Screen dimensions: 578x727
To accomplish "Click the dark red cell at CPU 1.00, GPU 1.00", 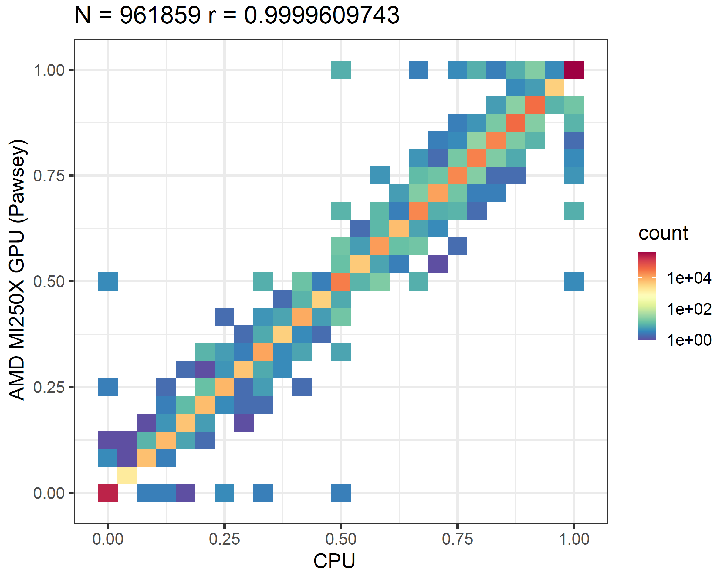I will coord(573,70).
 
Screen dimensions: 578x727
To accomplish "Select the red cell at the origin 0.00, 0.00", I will coord(108,493).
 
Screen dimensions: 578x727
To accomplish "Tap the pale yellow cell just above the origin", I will coord(127,475).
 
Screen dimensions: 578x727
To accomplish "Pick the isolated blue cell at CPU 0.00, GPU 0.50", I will coord(108,281).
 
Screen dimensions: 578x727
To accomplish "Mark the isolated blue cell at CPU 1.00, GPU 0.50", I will coord(573,281).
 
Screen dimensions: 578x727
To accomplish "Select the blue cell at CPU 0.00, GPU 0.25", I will coord(108,387).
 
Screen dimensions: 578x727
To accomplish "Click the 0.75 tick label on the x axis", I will coord(457,539).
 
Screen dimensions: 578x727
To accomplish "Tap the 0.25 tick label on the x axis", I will coord(224,539).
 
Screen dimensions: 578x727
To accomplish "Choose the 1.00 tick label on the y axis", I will coord(49,70).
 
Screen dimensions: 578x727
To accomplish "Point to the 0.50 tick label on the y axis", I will coord(49,281).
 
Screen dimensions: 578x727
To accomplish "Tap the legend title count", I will coord(663,233).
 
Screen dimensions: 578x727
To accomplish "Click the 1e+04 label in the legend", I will coord(689,278).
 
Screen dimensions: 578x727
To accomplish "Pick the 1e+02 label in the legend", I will coord(689,309).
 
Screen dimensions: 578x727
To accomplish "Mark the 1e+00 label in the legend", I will coord(689,340).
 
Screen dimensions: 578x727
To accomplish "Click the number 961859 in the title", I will coord(160,15).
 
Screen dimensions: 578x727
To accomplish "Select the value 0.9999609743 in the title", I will coord(321,15).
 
